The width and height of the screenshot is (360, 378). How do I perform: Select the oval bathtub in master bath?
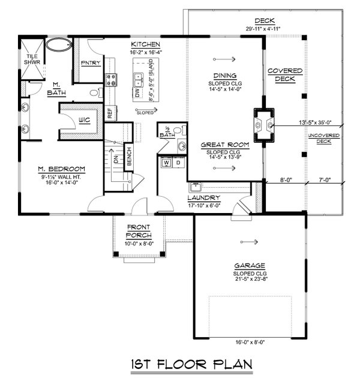(x=58, y=44)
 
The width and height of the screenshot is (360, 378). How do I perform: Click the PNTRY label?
(x=91, y=63)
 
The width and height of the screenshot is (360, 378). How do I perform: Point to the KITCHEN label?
(x=145, y=45)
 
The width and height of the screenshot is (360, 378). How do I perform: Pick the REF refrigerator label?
(x=110, y=112)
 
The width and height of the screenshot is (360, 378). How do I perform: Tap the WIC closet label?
(x=84, y=121)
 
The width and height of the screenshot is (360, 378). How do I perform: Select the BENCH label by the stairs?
(x=127, y=157)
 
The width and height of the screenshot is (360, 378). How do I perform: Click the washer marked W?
(x=166, y=163)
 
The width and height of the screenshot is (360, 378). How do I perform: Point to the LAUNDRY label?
(x=203, y=198)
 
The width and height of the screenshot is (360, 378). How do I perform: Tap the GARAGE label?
(x=250, y=265)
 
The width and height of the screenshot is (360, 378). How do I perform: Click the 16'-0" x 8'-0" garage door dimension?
(x=250, y=341)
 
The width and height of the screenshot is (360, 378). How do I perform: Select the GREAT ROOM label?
(x=221, y=145)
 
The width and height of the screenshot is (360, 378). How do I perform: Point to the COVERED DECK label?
(x=284, y=75)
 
